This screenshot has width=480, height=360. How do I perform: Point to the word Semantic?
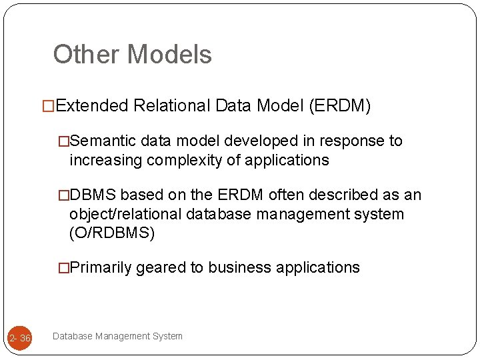click(103, 141)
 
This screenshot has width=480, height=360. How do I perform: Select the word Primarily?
click(101, 267)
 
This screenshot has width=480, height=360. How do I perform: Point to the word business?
click(239, 267)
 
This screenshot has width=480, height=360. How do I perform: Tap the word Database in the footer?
click(72, 336)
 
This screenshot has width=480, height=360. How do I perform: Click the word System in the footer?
click(167, 336)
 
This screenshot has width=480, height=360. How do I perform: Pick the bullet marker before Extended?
click(47, 106)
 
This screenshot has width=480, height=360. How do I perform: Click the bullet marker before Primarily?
click(63, 268)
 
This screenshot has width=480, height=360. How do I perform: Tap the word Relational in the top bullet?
click(171, 106)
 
